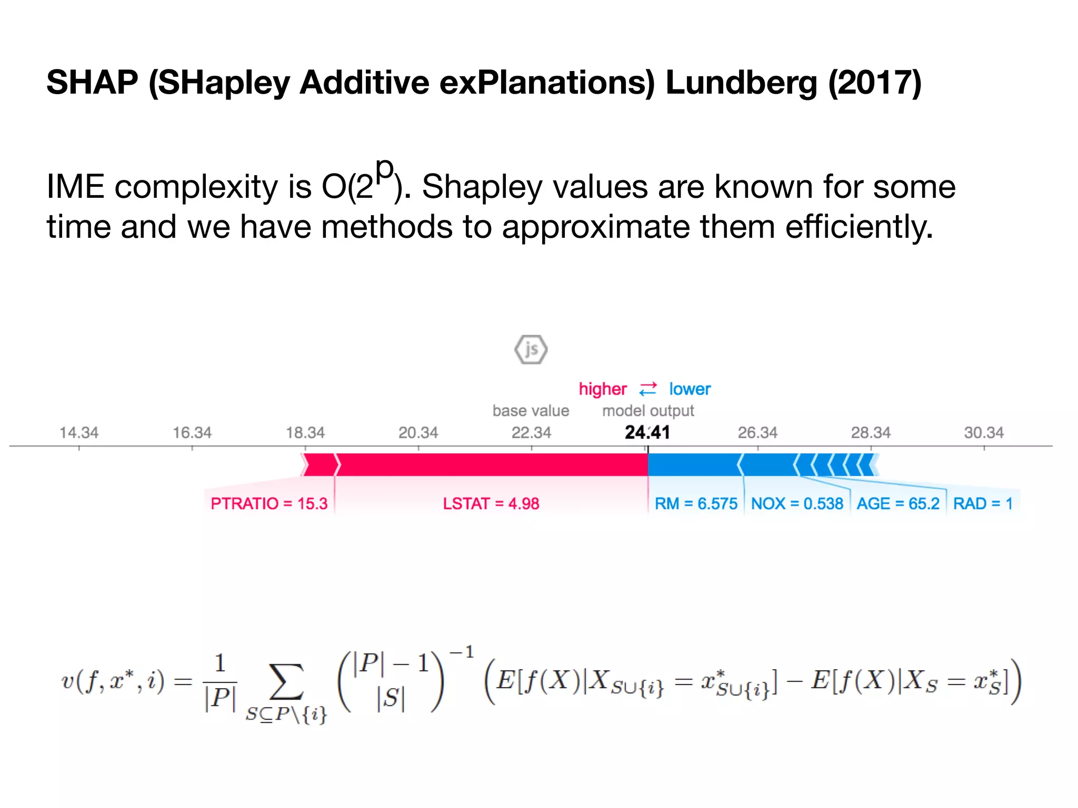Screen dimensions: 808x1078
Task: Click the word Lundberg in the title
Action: click(741, 83)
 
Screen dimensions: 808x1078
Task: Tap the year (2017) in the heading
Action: click(875, 83)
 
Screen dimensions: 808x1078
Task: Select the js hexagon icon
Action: click(531, 349)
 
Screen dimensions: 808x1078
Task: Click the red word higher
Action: click(602, 389)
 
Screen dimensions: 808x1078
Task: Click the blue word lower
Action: click(690, 389)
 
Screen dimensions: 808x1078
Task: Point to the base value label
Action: click(531, 411)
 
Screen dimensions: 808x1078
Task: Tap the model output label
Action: click(648, 411)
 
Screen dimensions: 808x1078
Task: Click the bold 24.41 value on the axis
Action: click(647, 432)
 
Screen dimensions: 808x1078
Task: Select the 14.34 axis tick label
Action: click(79, 433)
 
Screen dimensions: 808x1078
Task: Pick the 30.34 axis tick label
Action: click(984, 433)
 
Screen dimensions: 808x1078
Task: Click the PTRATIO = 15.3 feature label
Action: click(269, 504)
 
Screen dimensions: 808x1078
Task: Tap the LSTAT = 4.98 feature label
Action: click(491, 504)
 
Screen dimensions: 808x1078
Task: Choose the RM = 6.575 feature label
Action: click(695, 504)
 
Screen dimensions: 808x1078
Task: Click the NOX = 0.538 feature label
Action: click(797, 504)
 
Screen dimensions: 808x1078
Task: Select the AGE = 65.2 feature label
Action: click(897, 504)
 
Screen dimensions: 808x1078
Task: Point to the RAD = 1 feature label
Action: click(983, 504)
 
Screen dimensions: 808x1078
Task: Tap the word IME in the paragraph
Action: click(75, 187)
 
